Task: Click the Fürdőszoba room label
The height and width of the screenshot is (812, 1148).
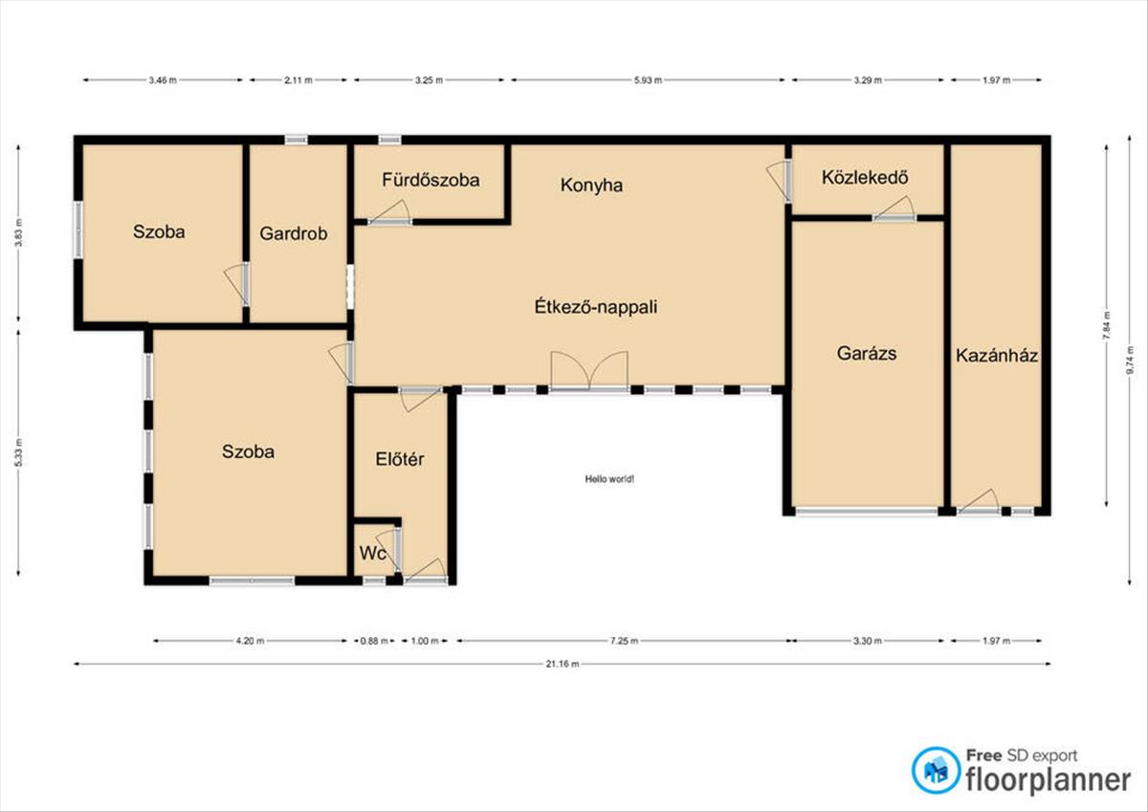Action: click(430, 180)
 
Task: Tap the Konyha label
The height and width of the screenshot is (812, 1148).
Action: click(591, 185)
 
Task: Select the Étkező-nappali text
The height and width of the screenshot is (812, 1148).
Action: click(595, 307)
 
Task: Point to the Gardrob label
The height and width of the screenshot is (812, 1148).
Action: click(293, 233)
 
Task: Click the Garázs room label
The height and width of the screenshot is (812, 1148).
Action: click(867, 354)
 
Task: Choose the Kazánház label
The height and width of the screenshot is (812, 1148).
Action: click(997, 356)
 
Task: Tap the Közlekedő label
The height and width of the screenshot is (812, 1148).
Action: click(865, 177)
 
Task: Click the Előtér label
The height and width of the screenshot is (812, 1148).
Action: click(399, 459)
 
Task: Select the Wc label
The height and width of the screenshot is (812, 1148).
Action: click(372, 553)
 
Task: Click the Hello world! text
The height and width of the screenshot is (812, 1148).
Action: click(609, 479)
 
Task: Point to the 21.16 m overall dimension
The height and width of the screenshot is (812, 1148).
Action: click(563, 664)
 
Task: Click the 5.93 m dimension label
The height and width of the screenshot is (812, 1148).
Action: click(648, 80)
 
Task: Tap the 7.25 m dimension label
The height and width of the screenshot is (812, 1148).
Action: click(624, 641)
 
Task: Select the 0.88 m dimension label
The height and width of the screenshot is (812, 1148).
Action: click(374, 641)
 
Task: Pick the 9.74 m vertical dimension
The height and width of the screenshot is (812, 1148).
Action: click(1130, 361)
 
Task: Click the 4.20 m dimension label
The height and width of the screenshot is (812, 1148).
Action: click(250, 641)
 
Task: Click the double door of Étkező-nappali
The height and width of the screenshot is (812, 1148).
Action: click(589, 372)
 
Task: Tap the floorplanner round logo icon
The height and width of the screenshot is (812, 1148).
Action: click(936, 770)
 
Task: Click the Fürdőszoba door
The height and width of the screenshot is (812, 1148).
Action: click(389, 212)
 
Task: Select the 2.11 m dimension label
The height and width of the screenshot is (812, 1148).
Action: click(298, 80)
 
